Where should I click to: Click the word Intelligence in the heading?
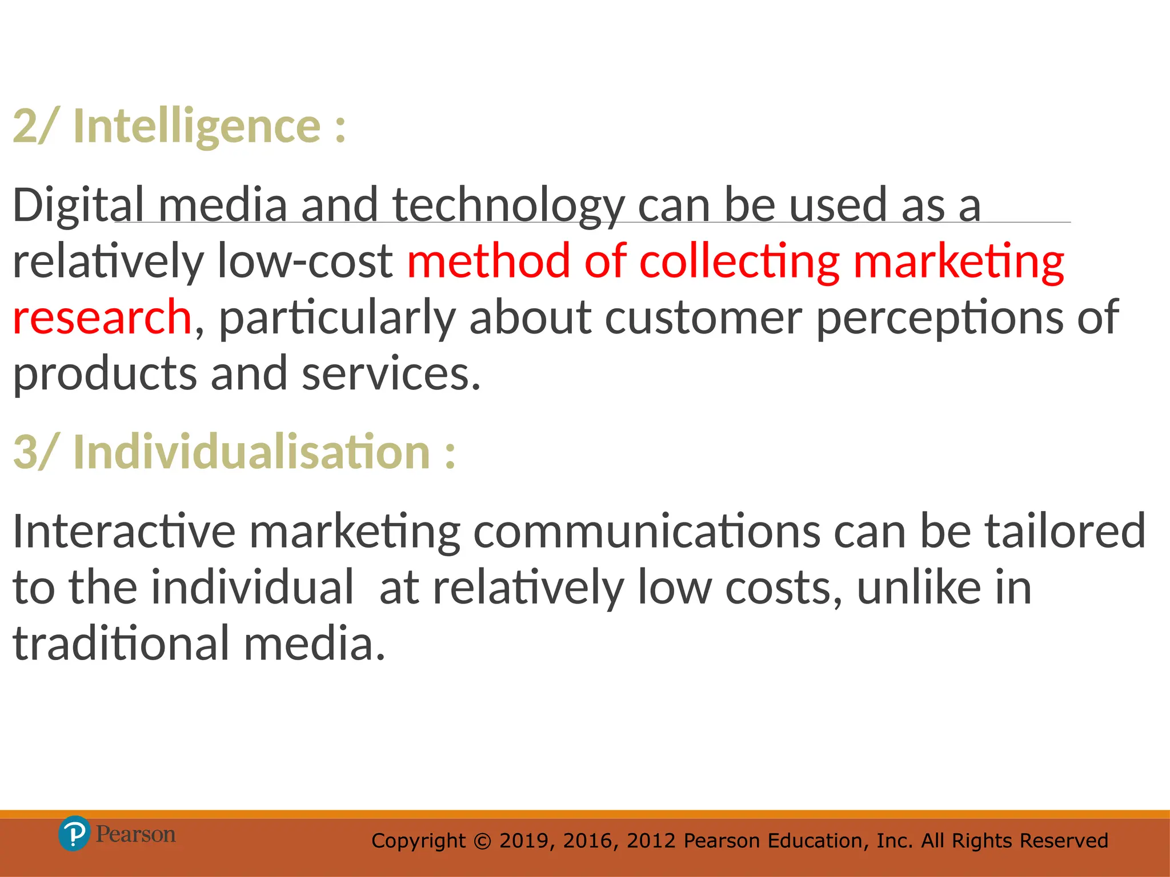pos(197,126)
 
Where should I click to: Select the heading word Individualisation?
pos(251,452)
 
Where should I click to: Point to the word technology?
pos(508,206)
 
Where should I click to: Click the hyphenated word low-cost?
pos(305,262)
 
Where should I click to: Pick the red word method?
pos(488,262)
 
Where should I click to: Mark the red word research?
pos(102,317)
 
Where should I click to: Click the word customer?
pos(703,317)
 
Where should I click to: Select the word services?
pos(391,373)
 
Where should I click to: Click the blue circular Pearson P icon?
pos(74,834)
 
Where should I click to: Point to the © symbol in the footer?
pos(483,841)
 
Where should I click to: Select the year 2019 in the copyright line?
pos(522,841)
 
